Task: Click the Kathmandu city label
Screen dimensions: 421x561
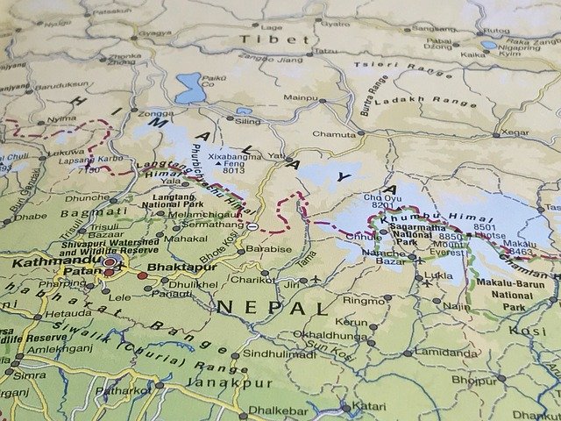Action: tap(47, 260)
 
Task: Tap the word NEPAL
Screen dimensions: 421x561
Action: tap(273, 307)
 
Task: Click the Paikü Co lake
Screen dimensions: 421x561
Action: tap(189, 88)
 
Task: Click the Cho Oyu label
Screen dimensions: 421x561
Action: tap(381, 199)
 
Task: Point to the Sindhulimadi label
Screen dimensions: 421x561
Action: tap(279, 353)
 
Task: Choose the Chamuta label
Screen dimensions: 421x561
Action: tap(334, 134)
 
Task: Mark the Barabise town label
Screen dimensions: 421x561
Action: tap(268, 249)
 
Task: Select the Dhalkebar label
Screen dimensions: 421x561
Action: tap(278, 410)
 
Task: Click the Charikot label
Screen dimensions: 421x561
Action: tap(252, 280)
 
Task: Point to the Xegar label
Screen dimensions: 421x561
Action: tap(515, 132)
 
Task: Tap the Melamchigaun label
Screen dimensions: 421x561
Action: tap(198, 214)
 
